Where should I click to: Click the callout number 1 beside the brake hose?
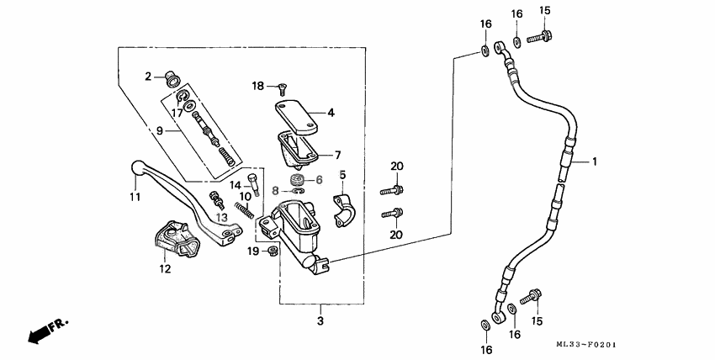pos(594,161)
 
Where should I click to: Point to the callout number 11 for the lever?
pos(135,197)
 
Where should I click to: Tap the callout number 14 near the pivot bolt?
pos(236,185)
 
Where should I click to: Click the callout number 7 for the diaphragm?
pos(337,155)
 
